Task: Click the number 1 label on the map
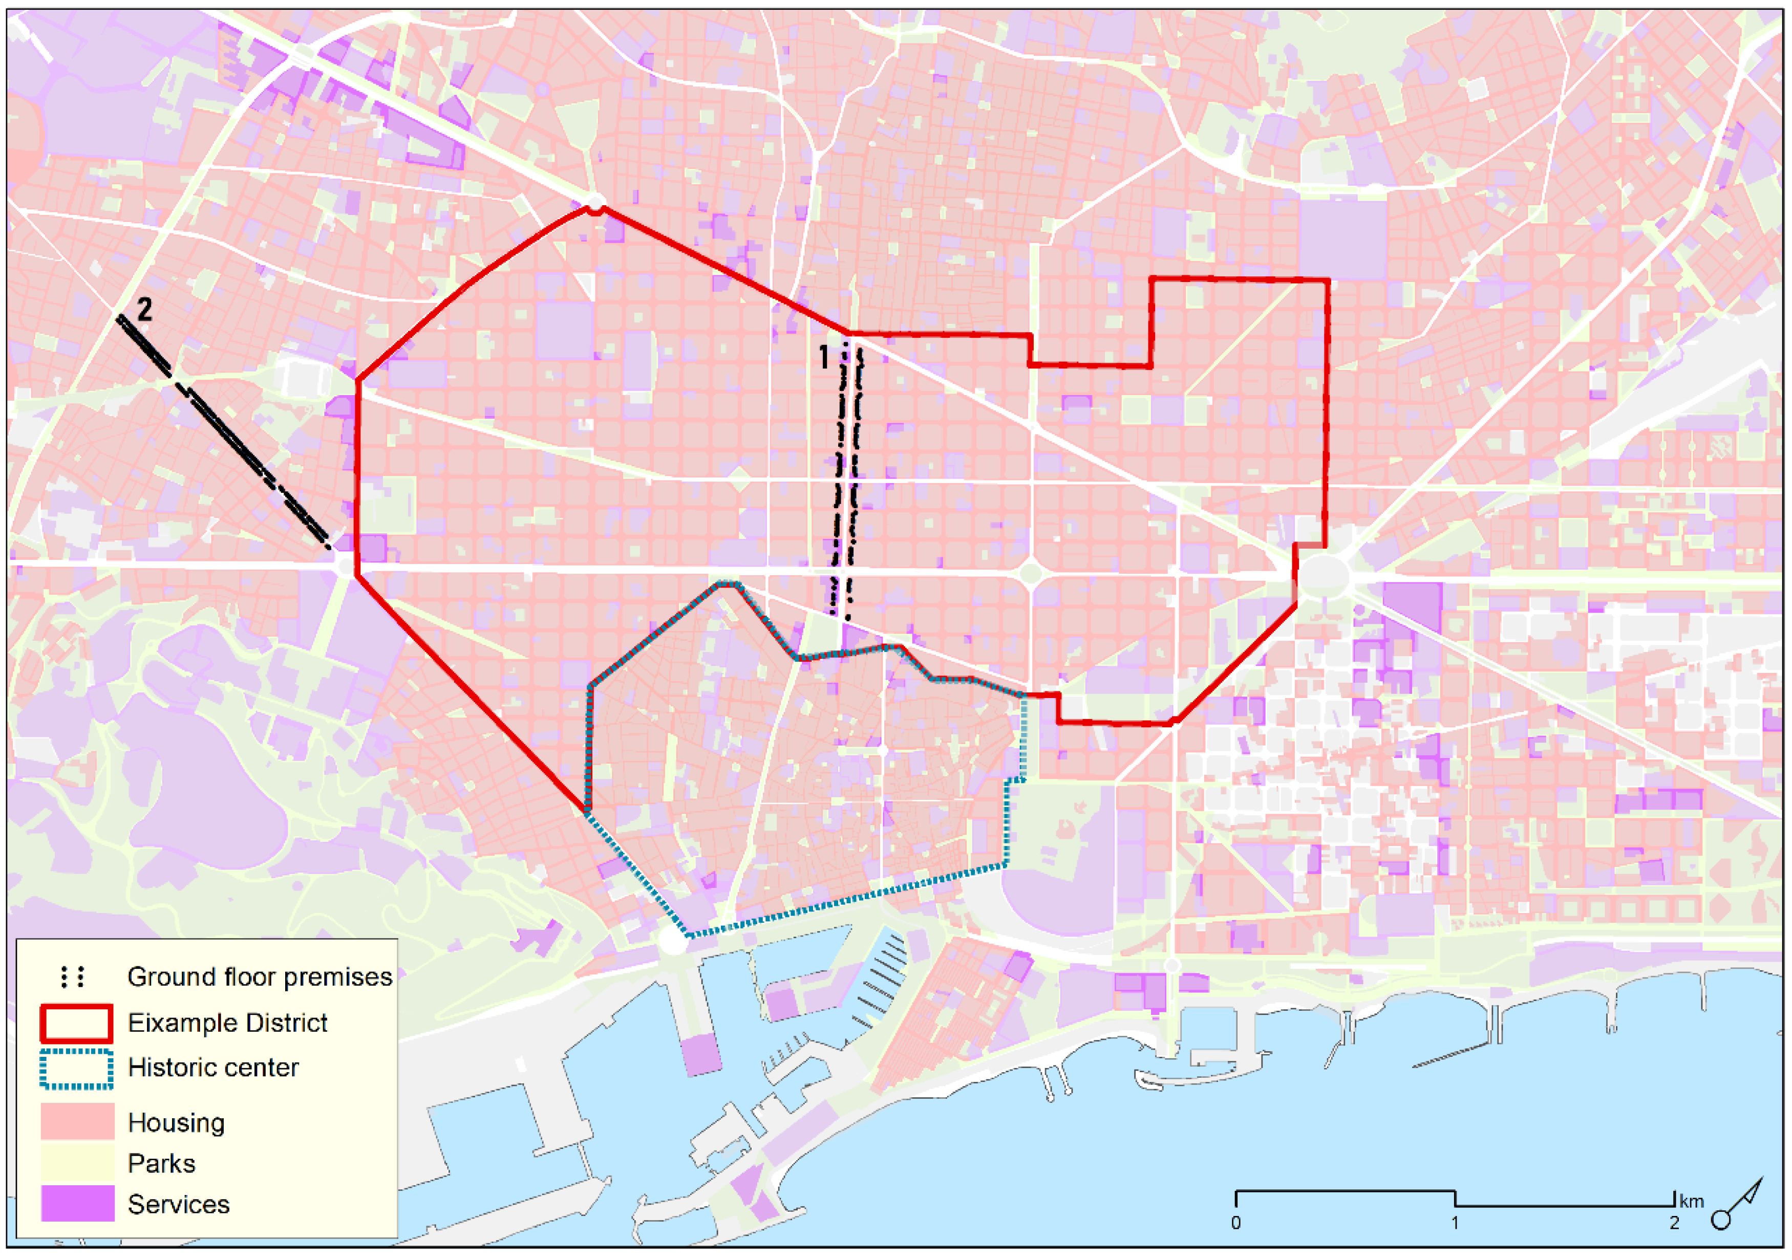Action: click(x=823, y=357)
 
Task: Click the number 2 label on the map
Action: click(x=144, y=310)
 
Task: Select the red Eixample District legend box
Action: click(x=76, y=1024)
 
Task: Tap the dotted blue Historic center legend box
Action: click(x=76, y=1069)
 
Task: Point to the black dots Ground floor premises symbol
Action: click(x=73, y=977)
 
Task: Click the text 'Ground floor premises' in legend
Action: click(x=259, y=977)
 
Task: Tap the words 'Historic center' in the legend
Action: click(x=212, y=1067)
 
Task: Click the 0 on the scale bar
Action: click(x=1235, y=1223)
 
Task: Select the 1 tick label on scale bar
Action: click(x=1455, y=1223)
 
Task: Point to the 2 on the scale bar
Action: click(x=1674, y=1223)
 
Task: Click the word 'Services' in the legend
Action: click(x=178, y=1204)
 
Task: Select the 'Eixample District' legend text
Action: click(x=227, y=1023)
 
